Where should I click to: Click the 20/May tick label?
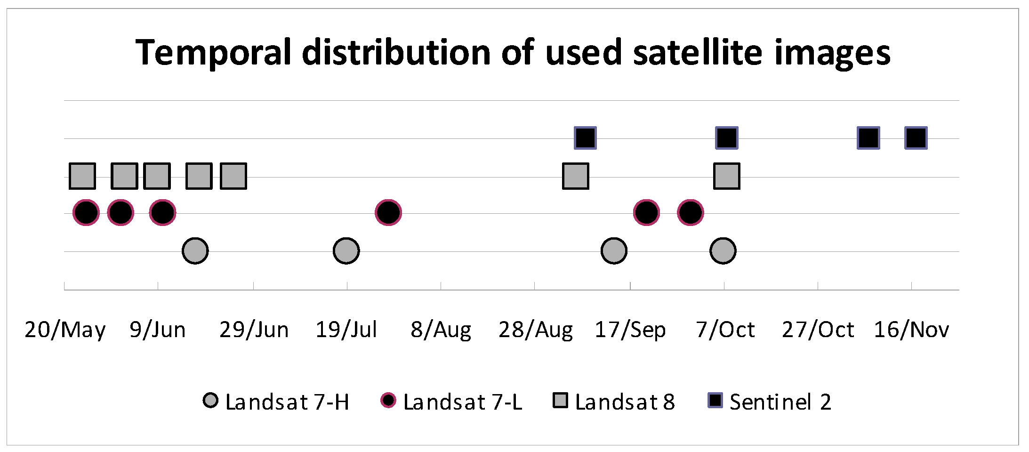pyautogui.click(x=65, y=330)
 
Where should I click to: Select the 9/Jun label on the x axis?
pyautogui.click(x=158, y=330)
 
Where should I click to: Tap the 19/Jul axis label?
pyautogui.click(x=346, y=330)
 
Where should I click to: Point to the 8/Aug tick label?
pyautogui.click(x=441, y=330)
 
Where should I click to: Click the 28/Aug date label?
pyautogui.click(x=536, y=330)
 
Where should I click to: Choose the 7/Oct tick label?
pyautogui.click(x=725, y=330)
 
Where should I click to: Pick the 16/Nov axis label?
pyautogui.click(x=911, y=330)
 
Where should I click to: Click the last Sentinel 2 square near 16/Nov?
pyautogui.click(x=916, y=138)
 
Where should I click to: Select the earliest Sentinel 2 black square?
pyautogui.click(x=586, y=138)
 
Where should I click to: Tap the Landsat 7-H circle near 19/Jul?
pyautogui.click(x=346, y=251)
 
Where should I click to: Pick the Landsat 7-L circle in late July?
pyautogui.click(x=388, y=213)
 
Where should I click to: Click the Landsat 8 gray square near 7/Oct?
pyautogui.click(x=727, y=176)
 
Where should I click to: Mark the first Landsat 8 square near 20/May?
pyautogui.click(x=82, y=176)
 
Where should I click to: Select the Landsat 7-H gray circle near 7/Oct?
pyautogui.click(x=723, y=251)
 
